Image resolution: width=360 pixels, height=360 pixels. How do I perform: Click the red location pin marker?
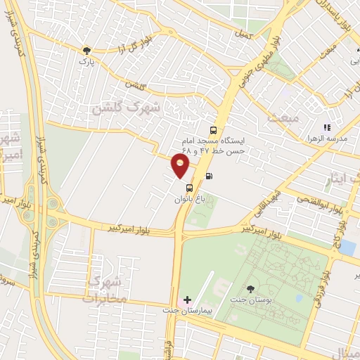click(181, 164)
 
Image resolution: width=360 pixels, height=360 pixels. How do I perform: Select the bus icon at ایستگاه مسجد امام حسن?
click(213, 130)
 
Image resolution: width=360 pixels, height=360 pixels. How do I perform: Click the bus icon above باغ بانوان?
click(189, 188)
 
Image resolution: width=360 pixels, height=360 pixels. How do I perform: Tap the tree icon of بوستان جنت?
click(252, 288)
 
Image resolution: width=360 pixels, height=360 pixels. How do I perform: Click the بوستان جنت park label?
click(251, 300)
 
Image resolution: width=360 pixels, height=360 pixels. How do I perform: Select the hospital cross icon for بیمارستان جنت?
click(187, 300)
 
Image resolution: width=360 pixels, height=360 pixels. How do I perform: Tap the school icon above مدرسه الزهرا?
click(327, 127)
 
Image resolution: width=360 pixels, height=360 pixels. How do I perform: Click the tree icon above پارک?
click(86, 51)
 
